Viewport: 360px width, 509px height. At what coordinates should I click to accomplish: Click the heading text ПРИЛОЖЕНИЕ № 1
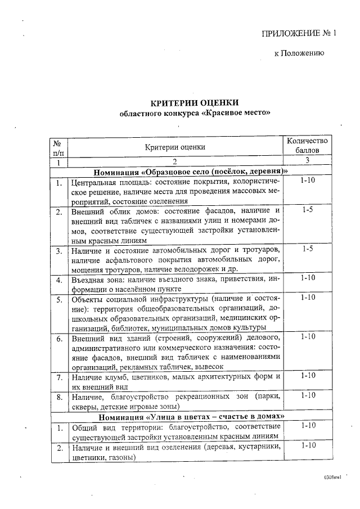[299, 33]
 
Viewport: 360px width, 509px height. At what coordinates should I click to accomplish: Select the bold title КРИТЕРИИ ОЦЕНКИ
[186, 102]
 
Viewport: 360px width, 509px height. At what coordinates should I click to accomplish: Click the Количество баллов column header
[307, 146]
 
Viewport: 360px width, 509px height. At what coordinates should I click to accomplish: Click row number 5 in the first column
[58, 299]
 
